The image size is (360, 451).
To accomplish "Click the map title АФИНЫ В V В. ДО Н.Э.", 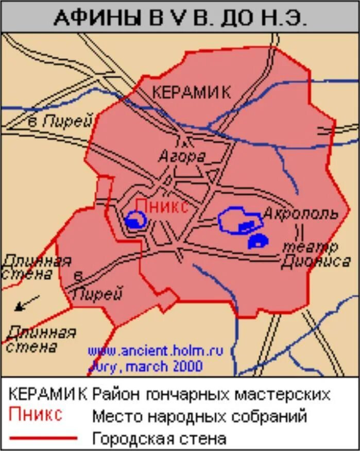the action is click(x=180, y=19).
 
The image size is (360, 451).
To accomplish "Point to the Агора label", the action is click(x=182, y=156).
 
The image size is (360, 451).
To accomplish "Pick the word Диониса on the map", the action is click(x=315, y=262).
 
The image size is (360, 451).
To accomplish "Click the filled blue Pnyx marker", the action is click(x=134, y=222).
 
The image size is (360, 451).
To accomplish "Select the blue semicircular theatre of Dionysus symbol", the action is click(x=258, y=241).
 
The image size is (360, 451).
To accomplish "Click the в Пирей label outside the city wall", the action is click(x=60, y=122).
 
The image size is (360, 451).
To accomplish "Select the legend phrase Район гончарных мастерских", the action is click(x=211, y=394).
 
